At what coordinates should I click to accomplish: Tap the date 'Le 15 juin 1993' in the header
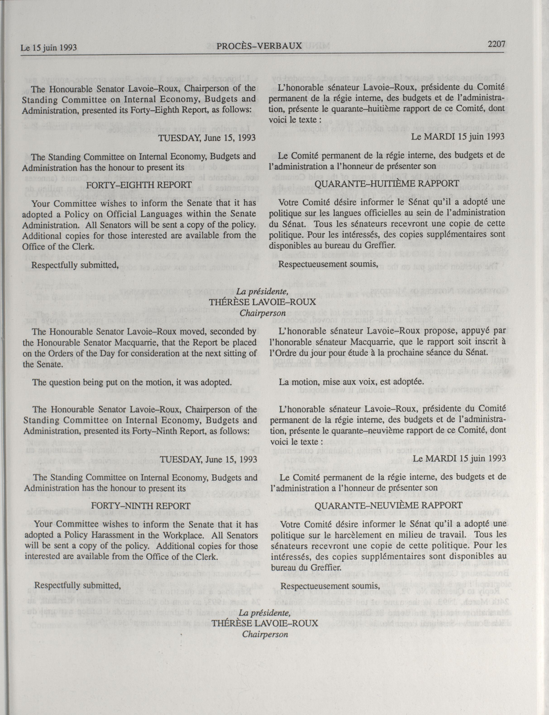(49, 48)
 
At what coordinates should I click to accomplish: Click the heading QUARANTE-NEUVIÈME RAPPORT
(389, 505)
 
